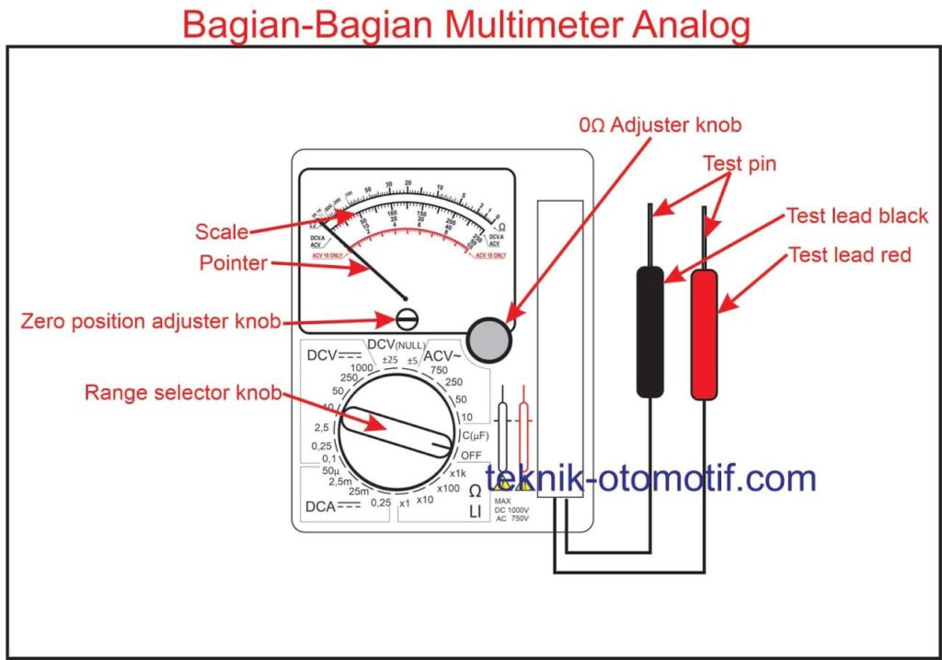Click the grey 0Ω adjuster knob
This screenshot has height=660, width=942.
488,338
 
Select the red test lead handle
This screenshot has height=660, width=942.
705,335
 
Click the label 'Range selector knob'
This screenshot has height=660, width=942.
182,393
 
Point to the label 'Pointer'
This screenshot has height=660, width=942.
233,263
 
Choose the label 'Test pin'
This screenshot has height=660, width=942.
740,164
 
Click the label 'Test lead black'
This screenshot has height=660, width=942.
856,216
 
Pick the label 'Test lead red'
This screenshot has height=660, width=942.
849,255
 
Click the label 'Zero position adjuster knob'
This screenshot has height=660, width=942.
150,321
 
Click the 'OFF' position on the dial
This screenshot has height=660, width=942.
470,455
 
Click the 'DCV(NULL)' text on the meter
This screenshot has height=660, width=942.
396,344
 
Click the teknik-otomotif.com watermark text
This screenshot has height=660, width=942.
651,478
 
